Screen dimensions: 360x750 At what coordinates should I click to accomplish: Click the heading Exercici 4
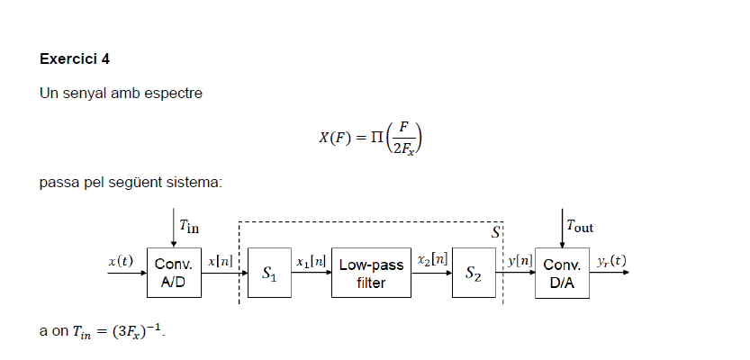pyautogui.click(x=75, y=59)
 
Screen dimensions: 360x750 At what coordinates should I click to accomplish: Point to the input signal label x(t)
pyautogui.click(x=120, y=261)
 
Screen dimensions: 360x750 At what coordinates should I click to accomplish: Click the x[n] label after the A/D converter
pyautogui.click(x=221, y=261)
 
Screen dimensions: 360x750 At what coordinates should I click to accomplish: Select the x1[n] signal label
pyautogui.click(x=311, y=261)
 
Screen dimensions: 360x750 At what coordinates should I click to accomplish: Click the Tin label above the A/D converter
pyautogui.click(x=190, y=226)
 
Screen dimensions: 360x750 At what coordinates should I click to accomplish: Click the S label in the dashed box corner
pyautogui.click(x=495, y=232)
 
